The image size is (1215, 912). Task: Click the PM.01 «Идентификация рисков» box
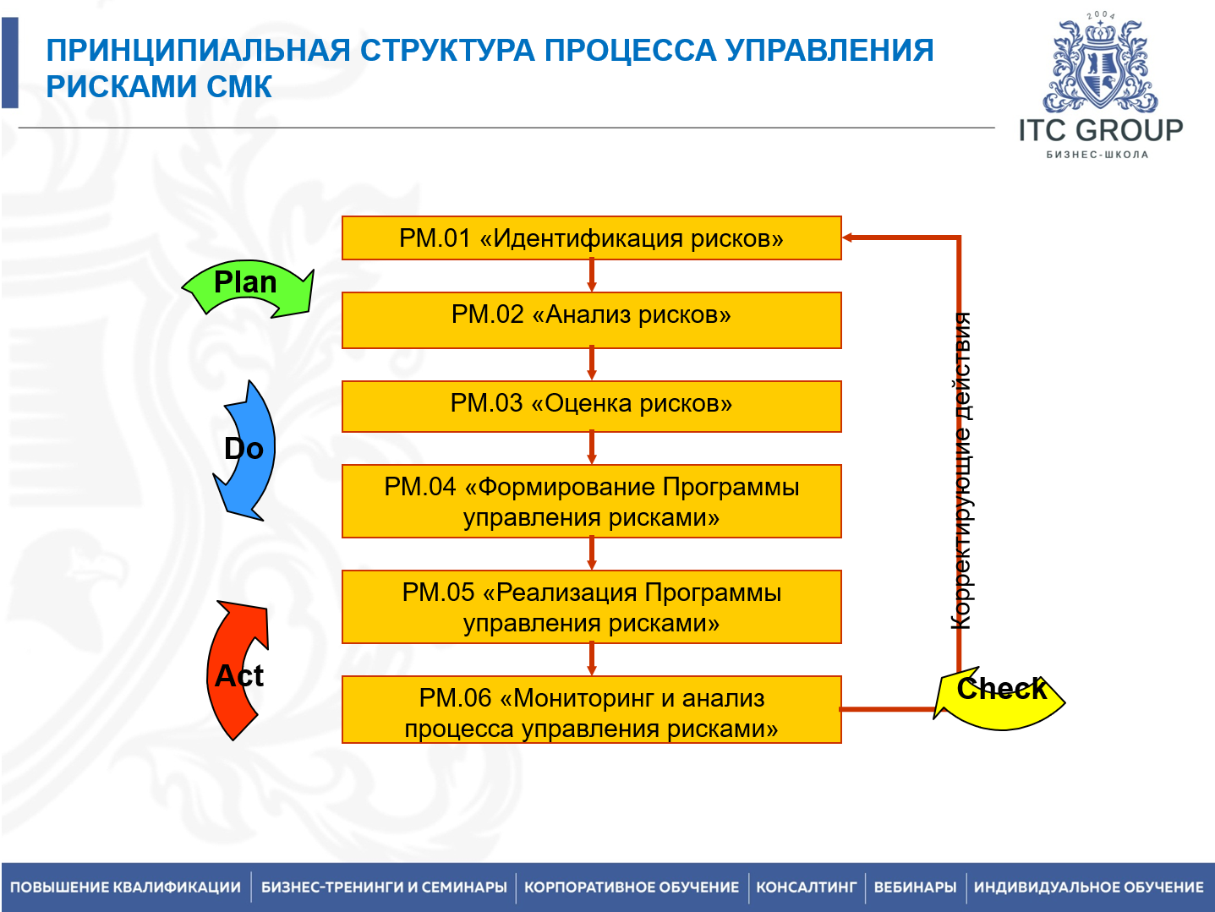pos(591,238)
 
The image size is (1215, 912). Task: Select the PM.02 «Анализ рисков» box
pos(591,319)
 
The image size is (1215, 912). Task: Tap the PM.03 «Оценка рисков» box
pos(591,406)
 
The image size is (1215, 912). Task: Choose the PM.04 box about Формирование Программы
pos(591,501)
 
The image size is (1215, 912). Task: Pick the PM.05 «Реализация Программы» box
pos(591,607)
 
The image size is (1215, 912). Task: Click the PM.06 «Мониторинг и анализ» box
pos(591,710)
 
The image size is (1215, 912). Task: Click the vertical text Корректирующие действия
pos(961,471)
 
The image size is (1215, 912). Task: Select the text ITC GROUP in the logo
pos(1099,130)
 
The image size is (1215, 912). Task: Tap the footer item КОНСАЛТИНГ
pos(806,887)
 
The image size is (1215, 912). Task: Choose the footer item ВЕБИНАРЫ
pos(915,887)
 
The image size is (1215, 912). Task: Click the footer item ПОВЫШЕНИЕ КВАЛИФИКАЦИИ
pos(125,887)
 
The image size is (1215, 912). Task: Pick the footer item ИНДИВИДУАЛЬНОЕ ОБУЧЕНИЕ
pos(1088,887)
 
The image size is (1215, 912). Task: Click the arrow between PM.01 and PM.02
pos(591,276)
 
